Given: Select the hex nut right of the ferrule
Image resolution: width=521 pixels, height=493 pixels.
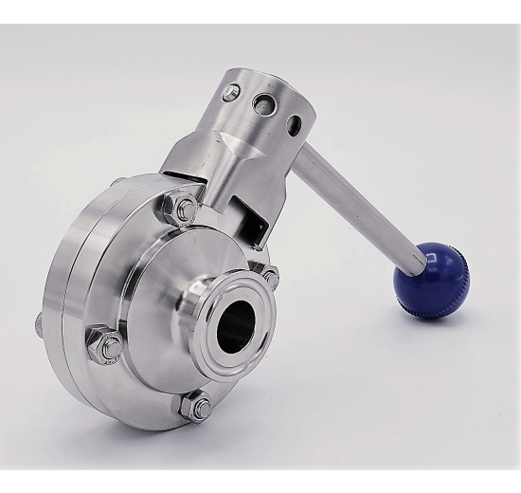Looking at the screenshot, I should pos(271,277).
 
